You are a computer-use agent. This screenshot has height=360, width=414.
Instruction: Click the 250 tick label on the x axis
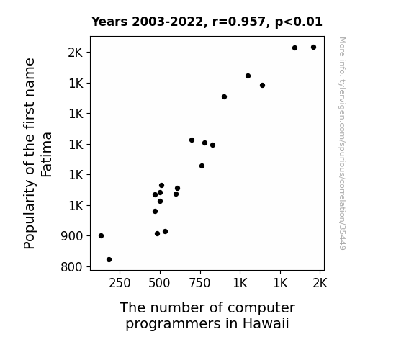point(120,284)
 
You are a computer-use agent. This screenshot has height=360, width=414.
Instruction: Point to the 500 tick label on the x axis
point(159,284)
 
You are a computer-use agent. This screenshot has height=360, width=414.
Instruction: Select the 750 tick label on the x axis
point(199,284)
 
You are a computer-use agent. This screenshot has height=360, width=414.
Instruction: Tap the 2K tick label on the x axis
point(320,284)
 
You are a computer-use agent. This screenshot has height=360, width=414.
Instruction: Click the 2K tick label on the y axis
point(76,53)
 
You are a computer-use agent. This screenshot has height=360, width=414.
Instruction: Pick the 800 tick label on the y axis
point(71,267)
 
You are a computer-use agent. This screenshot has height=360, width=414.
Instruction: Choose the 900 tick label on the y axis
point(71,236)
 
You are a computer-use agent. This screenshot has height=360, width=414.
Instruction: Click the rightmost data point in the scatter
point(313,48)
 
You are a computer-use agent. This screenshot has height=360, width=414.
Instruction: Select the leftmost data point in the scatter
point(101,236)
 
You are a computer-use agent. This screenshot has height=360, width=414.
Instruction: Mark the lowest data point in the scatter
point(109,260)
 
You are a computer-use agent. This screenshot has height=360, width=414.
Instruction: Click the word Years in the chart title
point(109,22)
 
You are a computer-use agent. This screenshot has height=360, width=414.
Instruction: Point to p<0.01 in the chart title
point(299,22)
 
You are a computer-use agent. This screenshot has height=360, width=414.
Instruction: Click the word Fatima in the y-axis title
point(47,155)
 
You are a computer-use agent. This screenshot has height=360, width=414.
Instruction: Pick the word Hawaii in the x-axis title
point(266,323)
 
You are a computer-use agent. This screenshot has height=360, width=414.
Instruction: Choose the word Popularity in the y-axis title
point(30,215)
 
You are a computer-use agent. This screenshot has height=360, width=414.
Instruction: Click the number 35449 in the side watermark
point(343,237)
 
